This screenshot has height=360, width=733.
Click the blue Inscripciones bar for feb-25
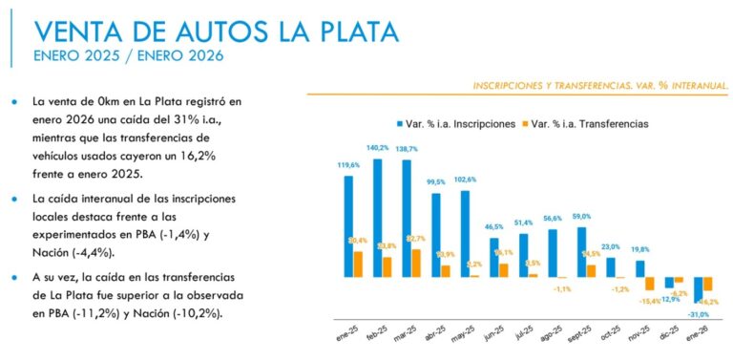click(x=378, y=218)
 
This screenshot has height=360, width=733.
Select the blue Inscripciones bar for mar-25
click(x=407, y=219)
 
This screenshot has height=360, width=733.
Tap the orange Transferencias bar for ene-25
click(x=358, y=264)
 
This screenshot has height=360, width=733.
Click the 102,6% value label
click(x=465, y=180)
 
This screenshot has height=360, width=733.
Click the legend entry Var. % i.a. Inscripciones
click(x=456, y=124)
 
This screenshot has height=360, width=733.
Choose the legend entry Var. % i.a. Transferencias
click(x=589, y=124)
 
